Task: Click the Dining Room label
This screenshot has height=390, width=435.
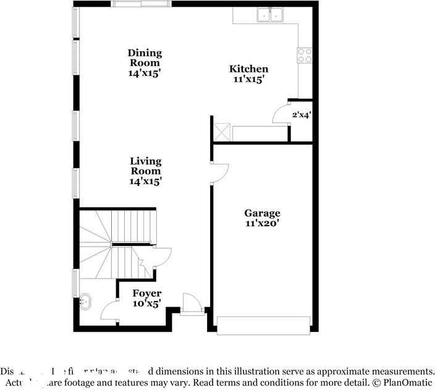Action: [144, 57]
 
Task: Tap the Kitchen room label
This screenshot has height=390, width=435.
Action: [249, 69]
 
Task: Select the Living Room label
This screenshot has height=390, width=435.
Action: [145, 166]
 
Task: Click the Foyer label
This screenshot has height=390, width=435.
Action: [147, 294]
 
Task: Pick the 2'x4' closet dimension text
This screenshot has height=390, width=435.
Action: [301, 114]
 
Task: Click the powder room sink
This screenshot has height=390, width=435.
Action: [85, 302]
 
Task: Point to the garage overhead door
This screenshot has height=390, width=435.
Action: [263, 326]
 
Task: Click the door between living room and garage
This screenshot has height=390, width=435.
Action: [219, 174]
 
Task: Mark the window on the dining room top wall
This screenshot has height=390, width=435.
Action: [141, 4]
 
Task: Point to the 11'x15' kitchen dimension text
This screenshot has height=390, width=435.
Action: [249, 79]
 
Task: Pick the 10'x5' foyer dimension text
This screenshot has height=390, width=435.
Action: [147, 303]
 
